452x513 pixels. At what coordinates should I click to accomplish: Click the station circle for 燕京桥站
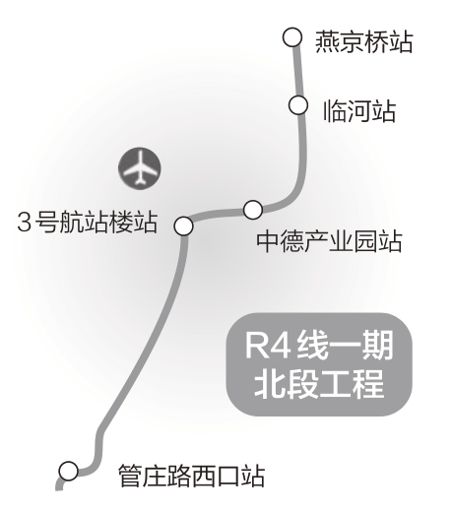tap(291, 37)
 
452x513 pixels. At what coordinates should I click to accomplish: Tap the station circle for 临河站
tap(298, 105)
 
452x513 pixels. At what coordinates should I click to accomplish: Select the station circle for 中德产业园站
tap(253, 210)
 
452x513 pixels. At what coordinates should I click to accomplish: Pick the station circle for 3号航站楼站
tap(183, 225)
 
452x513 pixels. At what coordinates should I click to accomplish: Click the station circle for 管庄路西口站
tap(69, 471)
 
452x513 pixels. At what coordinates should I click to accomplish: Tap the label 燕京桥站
tap(363, 42)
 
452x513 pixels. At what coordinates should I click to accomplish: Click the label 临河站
tap(359, 111)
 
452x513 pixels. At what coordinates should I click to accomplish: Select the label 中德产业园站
tap(329, 241)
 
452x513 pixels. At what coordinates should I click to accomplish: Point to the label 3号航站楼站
tap(88, 222)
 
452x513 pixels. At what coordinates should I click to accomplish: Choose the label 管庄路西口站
tap(191, 476)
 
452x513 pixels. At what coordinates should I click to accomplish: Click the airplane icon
tap(140, 168)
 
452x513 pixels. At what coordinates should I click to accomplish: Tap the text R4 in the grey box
tap(268, 346)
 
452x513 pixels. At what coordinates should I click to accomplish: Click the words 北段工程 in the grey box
tap(319, 384)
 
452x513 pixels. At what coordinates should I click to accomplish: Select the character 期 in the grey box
tap(377, 346)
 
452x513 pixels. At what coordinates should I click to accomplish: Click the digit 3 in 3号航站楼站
tap(24, 223)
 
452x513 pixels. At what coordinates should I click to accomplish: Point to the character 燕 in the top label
tap(327, 42)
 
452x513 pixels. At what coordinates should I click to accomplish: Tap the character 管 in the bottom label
tap(130, 476)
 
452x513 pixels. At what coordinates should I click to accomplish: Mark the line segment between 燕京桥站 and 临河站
tap(297, 72)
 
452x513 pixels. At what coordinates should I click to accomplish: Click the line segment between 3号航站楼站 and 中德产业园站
tap(218, 215)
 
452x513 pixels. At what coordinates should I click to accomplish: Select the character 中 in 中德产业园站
tap(268, 241)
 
